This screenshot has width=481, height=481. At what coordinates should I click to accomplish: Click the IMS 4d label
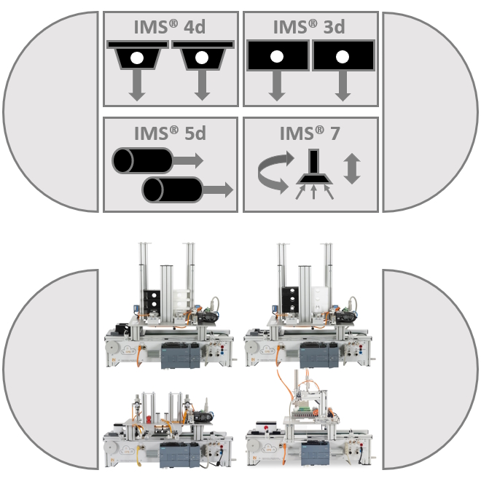coord(170,27)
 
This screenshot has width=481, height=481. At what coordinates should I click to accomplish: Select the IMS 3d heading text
coord(309,27)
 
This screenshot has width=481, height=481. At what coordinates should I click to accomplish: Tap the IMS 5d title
coord(170,133)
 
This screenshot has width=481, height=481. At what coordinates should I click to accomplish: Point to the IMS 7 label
coord(310,133)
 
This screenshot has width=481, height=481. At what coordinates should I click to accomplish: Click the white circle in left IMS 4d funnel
coord(137,58)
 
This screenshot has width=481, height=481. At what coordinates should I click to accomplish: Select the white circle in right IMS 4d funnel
coord(202,58)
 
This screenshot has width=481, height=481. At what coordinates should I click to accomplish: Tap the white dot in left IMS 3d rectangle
coord(277,57)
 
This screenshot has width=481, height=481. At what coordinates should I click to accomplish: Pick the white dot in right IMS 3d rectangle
coord(343,57)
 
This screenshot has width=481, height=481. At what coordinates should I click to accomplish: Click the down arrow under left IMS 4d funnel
coord(137,85)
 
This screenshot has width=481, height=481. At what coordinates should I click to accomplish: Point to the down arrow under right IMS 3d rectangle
coord(343,86)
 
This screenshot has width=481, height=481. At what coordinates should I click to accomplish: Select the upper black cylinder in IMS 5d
coord(142,161)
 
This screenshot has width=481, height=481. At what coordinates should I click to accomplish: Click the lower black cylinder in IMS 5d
coord(172,189)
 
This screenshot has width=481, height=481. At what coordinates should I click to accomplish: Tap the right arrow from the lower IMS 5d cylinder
coord(218,189)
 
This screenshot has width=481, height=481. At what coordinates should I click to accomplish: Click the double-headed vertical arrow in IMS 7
coord(352,169)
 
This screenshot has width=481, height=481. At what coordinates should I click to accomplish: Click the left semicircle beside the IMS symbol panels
coord(50,112)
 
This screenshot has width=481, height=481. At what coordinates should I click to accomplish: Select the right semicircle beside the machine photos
coord(430,369)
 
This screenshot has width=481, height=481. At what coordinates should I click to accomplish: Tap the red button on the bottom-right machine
coord(266,427)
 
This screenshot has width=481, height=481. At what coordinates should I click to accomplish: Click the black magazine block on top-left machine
coord(152,300)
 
